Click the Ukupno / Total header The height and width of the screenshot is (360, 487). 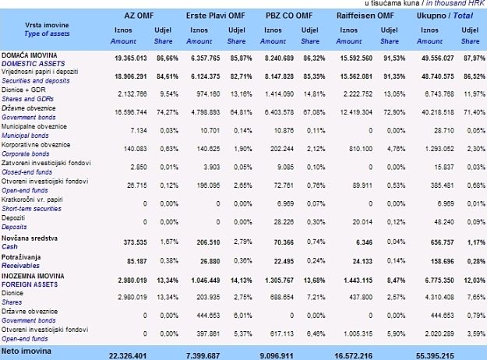(446, 16)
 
